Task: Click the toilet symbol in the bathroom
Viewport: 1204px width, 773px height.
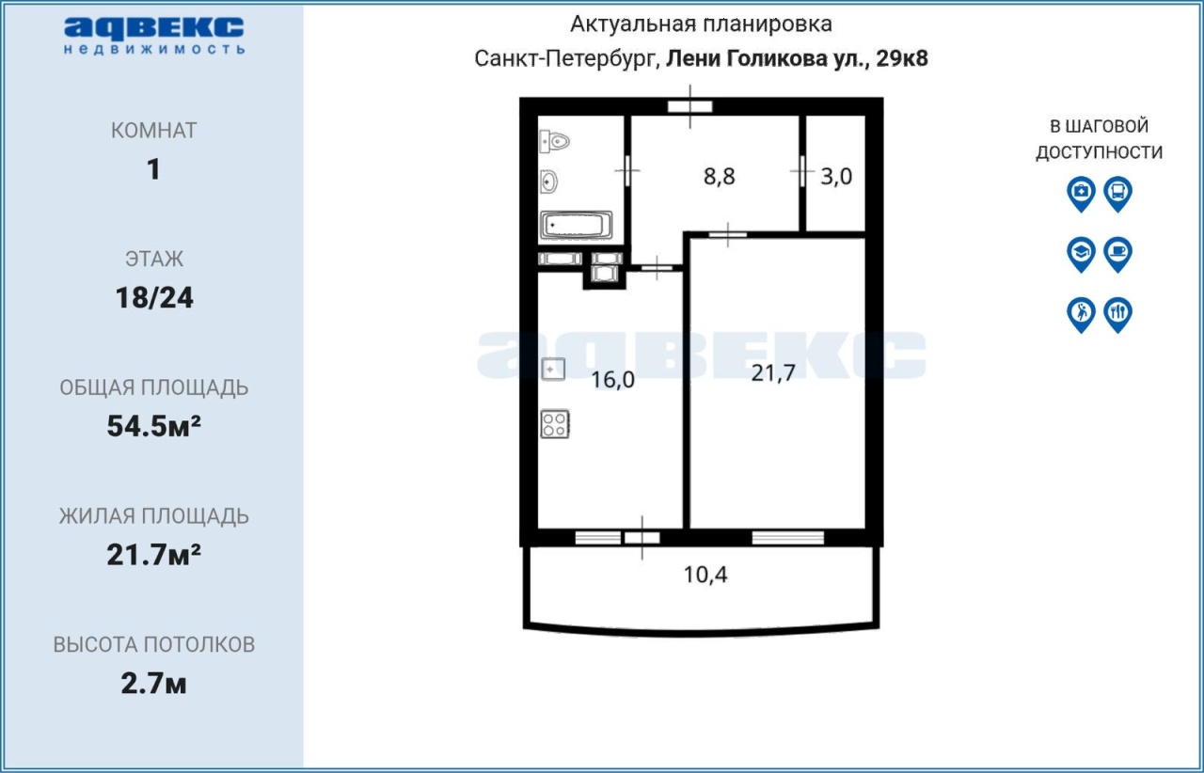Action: point(554,142)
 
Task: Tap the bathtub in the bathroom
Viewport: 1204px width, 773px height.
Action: point(577,226)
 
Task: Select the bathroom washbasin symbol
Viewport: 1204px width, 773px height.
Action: point(548,182)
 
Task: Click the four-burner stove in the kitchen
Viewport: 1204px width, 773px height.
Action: point(555,424)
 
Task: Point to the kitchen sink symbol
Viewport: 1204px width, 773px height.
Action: point(553,370)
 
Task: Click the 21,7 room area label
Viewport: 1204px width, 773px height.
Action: point(773,373)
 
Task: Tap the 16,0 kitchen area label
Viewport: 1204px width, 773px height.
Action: point(612,380)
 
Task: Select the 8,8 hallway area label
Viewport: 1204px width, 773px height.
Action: point(720,176)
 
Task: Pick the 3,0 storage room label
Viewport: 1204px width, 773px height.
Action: point(836,176)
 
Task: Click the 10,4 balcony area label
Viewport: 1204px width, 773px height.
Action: point(705,575)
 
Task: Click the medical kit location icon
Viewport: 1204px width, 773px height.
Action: point(1081,194)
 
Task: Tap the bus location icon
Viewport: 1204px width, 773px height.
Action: point(1118,194)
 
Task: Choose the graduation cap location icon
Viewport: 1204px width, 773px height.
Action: point(1081,254)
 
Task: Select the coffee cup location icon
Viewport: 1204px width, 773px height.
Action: point(1118,254)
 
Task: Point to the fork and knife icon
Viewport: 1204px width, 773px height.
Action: point(1118,315)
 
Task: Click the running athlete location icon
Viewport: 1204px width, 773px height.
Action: point(1081,315)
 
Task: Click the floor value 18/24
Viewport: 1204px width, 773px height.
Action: point(154,298)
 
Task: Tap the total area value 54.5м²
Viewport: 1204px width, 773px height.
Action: point(154,426)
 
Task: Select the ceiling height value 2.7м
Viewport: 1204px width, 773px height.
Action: point(153,684)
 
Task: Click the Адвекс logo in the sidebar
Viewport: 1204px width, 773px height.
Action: point(154,36)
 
